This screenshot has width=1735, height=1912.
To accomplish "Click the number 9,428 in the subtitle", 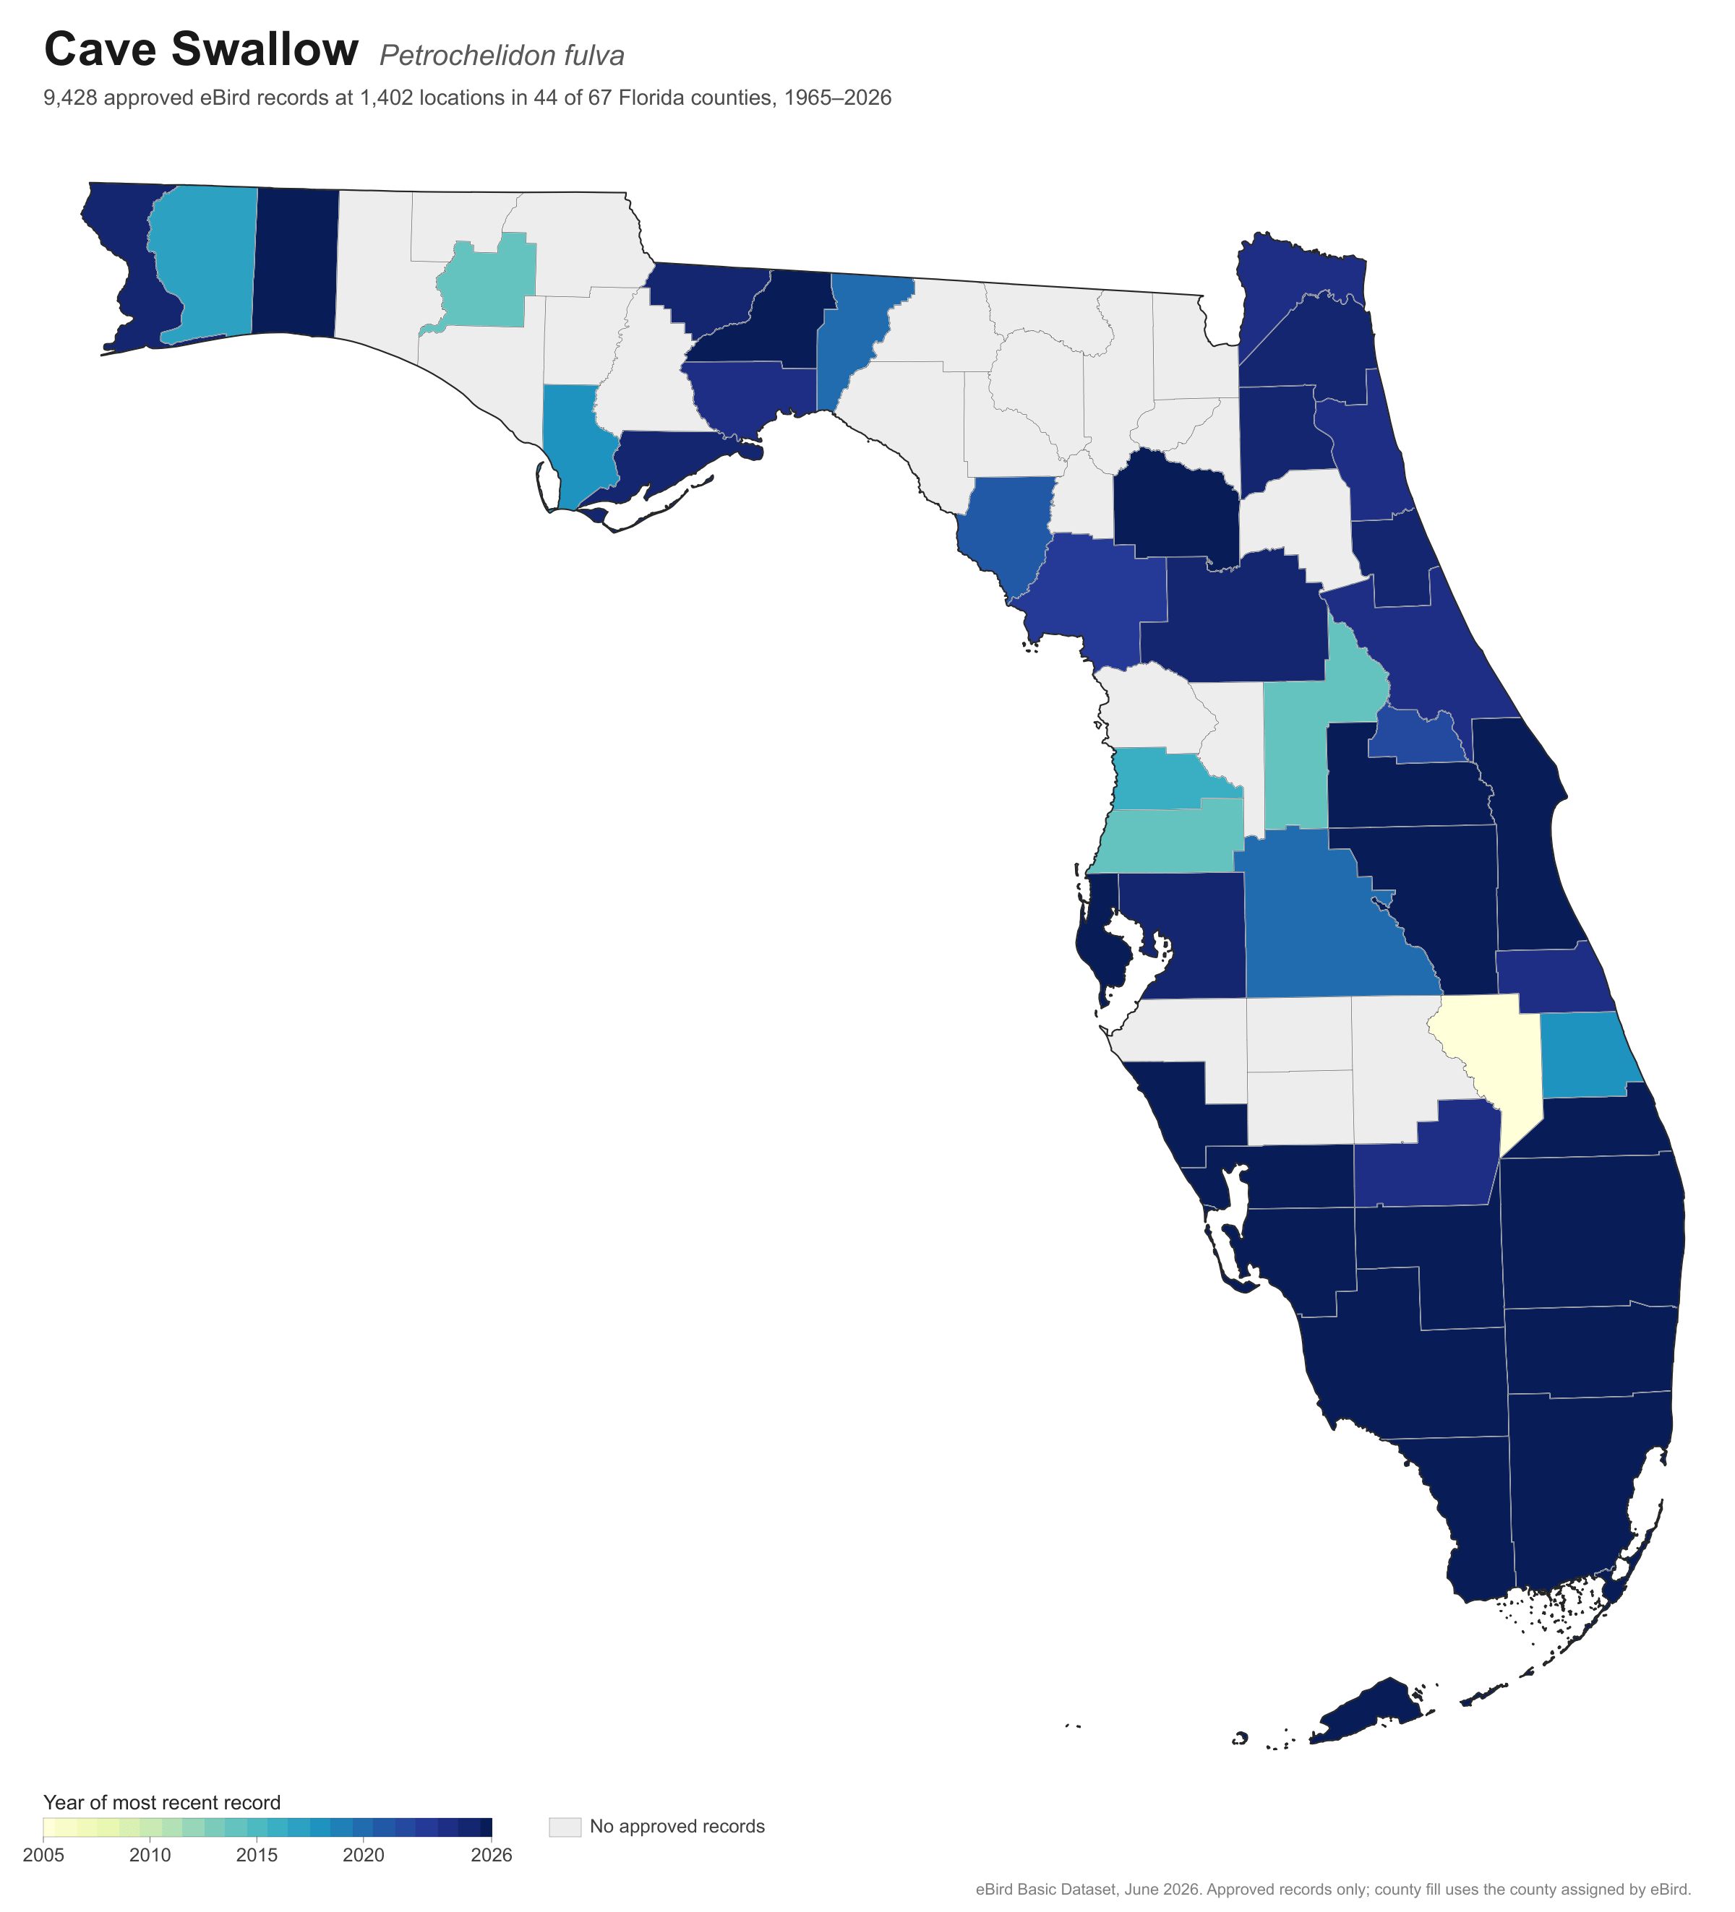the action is pyautogui.click(x=70, y=98).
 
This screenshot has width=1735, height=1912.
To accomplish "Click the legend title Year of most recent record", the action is pyautogui.click(x=162, y=1803).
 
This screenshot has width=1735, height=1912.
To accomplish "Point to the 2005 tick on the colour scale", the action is pyautogui.click(x=43, y=1855).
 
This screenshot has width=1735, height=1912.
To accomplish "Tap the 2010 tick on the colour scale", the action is pyautogui.click(x=150, y=1855).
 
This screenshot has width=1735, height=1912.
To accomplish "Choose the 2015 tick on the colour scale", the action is pyautogui.click(x=257, y=1855).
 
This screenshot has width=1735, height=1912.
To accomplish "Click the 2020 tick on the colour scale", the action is pyautogui.click(x=364, y=1855).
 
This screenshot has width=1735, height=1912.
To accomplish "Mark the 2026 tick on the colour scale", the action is pyautogui.click(x=492, y=1855).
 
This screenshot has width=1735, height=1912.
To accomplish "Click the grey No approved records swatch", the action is pyautogui.click(x=565, y=1827).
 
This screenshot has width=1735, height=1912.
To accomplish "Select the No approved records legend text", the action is pyautogui.click(x=677, y=1827).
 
